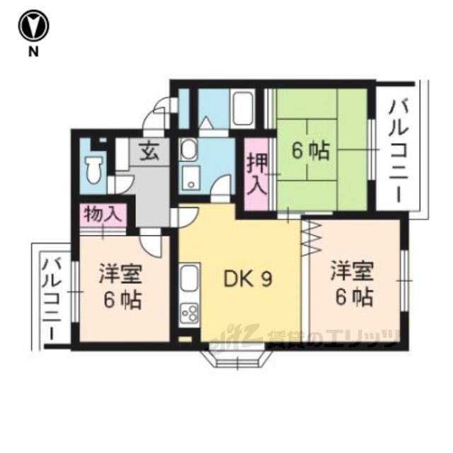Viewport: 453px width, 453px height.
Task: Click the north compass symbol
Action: click(x=33, y=25)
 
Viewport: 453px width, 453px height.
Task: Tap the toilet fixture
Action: click(x=94, y=169)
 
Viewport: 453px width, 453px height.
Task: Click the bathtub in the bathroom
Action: click(x=243, y=109)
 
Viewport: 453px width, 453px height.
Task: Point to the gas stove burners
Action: click(x=189, y=312)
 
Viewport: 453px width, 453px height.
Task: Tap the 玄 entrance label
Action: click(x=149, y=152)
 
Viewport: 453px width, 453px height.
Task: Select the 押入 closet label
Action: click(x=256, y=175)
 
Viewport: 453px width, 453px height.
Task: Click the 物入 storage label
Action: click(x=102, y=214)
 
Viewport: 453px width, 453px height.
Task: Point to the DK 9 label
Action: click(x=248, y=279)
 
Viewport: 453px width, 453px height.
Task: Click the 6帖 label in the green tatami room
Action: click(x=310, y=151)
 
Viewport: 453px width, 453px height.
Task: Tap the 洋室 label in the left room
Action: click(x=120, y=273)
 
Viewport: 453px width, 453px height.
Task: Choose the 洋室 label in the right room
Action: click(x=352, y=270)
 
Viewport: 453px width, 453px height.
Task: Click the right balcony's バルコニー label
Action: click(x=398, y=151)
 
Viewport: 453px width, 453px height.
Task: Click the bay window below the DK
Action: click(x=237, y=356)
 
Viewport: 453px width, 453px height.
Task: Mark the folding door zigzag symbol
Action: click(x=311, y=237)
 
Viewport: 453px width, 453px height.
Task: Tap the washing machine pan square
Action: click(x=190, y=179)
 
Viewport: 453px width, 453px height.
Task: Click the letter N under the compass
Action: click(x=33, y=52)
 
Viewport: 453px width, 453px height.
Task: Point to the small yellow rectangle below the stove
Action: click(x=185, y=338)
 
